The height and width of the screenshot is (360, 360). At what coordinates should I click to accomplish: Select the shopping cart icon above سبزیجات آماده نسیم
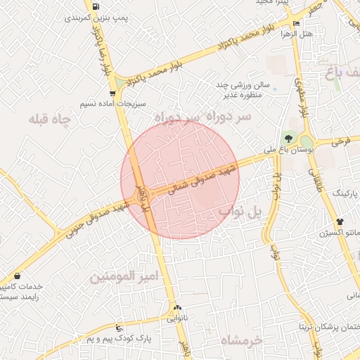point(112,93)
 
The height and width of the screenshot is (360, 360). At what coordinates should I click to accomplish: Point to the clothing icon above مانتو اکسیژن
point(340,222)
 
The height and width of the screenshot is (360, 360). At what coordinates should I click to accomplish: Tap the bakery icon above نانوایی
point(177,307)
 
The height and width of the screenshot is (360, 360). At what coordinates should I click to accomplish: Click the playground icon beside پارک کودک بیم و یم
point(119,328)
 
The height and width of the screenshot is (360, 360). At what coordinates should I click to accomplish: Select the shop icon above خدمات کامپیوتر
point(16,276)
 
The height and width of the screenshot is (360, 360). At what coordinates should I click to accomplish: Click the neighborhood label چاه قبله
point(50,120)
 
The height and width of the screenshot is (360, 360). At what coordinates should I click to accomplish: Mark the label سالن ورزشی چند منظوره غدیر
point(238,90)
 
